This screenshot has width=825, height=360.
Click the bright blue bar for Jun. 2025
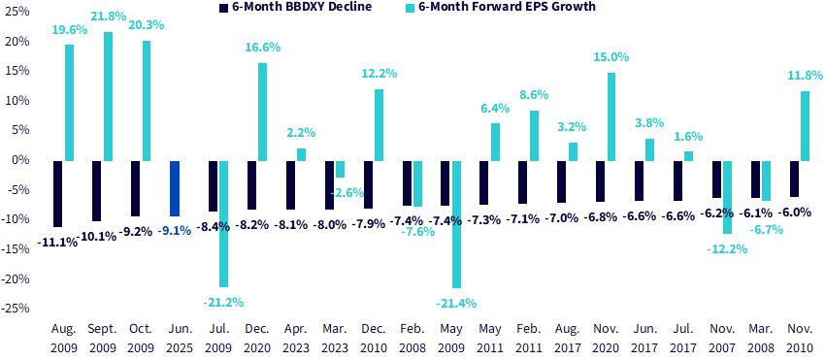click(x=174, y=188)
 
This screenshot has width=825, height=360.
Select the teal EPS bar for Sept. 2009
click(x=108, y=96)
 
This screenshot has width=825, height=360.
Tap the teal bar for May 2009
click(x=456, y=224)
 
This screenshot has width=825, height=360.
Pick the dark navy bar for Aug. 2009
click(x=58, y=194)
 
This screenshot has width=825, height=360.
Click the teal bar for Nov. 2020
click(x=611, y=116)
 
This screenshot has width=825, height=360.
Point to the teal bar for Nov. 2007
click(x=727, y=197)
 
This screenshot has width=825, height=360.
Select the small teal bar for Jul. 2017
click(x=689, y=156)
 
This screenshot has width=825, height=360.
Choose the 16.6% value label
click(x=263, y=48)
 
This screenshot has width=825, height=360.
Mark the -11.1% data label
click(x=57, y=243)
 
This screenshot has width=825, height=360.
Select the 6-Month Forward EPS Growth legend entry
click(x=501, y=8)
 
